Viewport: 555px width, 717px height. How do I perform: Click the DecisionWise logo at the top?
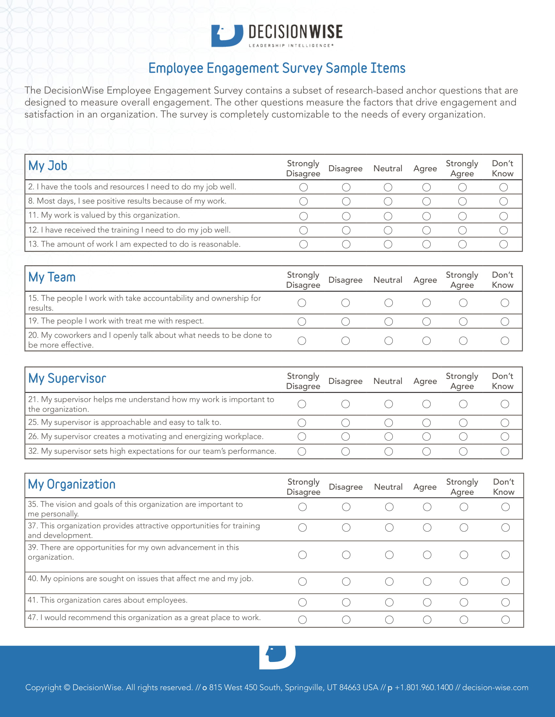(277, 36)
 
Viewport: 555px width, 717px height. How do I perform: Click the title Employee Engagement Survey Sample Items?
(277, 68)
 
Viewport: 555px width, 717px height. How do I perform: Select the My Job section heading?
(48, 166)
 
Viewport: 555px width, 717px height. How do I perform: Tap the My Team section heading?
(52, 277)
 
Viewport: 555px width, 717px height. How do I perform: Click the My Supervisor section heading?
(67, 378)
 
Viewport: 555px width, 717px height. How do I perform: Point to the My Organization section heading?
(72, 485)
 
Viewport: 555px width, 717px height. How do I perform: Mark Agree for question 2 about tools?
(426, 187)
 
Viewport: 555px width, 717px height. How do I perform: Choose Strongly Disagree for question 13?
(304, 244)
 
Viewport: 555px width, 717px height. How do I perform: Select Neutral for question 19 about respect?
(388, 321)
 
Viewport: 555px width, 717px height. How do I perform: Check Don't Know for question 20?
(505, 341)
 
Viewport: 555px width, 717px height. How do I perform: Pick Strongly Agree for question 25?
(463, 422)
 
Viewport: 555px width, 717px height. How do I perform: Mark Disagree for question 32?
(345, 451)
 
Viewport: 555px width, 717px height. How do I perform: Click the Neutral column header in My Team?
(388, 280)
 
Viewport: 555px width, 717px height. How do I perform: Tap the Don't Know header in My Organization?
(503, 487)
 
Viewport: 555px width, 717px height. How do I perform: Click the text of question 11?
(104, 215)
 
